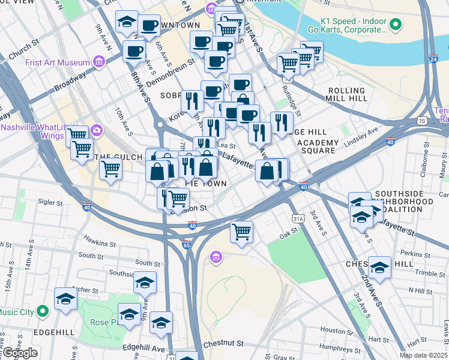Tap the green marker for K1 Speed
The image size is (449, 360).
click(394, 25)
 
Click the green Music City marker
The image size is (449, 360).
click(42, 311)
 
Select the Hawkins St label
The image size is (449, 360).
click(100, 244)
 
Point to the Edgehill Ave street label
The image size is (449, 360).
click(143, 348)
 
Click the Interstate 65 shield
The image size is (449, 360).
click(187, 244)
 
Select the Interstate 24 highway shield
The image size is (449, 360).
click(433, 59)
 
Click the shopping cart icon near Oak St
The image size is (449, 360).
click(241, 230)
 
